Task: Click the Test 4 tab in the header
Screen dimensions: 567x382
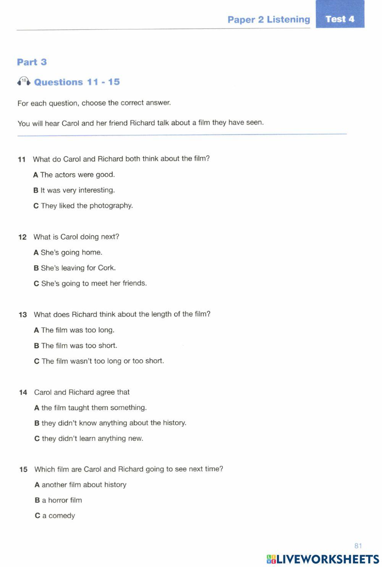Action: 340,19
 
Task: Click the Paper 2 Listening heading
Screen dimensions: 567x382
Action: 269,19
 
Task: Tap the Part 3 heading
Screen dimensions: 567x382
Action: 32,62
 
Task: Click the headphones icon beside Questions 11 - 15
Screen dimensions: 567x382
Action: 24,81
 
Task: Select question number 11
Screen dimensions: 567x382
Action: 21,159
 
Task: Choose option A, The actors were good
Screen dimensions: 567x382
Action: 74,175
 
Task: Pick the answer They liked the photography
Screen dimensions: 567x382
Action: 83,206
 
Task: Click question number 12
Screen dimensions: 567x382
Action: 22,237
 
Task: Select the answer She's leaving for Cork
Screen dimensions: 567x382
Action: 74,268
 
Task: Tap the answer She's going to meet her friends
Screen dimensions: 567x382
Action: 90,283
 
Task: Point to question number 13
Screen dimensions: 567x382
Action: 23,315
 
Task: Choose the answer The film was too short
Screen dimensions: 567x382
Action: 75,346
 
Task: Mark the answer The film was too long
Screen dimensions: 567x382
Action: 74,330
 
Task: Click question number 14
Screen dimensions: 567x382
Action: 23,393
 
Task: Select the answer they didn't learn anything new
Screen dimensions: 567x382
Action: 89,439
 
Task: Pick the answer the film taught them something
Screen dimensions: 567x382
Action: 90,408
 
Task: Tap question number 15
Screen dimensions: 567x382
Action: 23,470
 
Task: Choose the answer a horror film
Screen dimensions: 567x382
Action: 58,500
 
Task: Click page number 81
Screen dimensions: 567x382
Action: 358,546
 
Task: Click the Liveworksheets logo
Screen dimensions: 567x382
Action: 323,559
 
